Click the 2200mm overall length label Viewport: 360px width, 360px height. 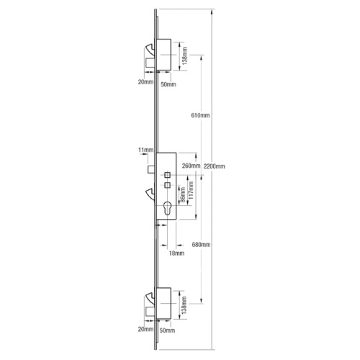point(215,166)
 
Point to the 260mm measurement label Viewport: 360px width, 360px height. point(192,166)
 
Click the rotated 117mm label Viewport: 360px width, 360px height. point(190,195)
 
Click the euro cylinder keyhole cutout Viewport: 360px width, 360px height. point(167,210)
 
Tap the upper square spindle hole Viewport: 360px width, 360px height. point(167,175)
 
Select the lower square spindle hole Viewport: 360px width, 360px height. point(167,186)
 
